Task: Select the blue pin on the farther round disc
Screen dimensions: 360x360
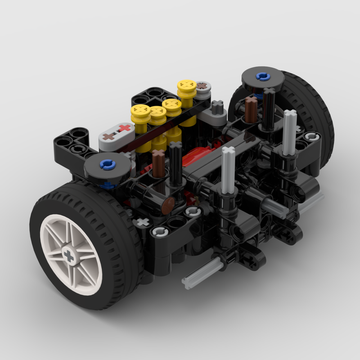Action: [x=263, y=76]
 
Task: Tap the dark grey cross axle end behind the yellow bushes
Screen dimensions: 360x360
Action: [x=217, y=106]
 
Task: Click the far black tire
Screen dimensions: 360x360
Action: [x=315, y=112]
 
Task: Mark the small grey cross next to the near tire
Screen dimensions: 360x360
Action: [x=144, y=221]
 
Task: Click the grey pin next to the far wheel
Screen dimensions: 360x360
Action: [x=310, y=136]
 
